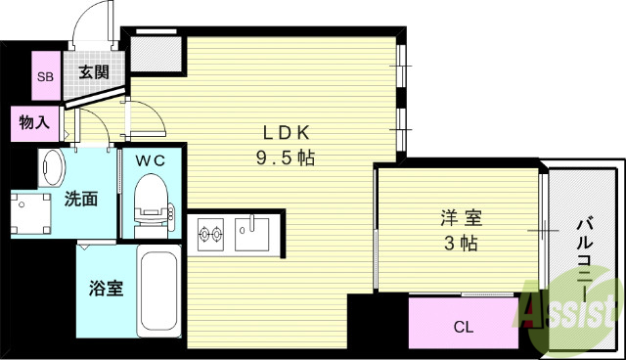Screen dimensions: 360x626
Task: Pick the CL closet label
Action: click(x=463, y=326)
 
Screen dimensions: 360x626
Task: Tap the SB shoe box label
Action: click(x=45, y=76)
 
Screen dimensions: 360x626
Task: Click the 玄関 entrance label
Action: click(x=94, y=71)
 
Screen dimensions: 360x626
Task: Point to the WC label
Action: click(x=150, y=159)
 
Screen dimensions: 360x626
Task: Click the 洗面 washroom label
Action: click(x=80, y=200)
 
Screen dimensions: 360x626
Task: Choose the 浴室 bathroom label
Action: click(x=107, y=291)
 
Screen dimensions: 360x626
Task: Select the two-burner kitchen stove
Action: click(x=212, y=234)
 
